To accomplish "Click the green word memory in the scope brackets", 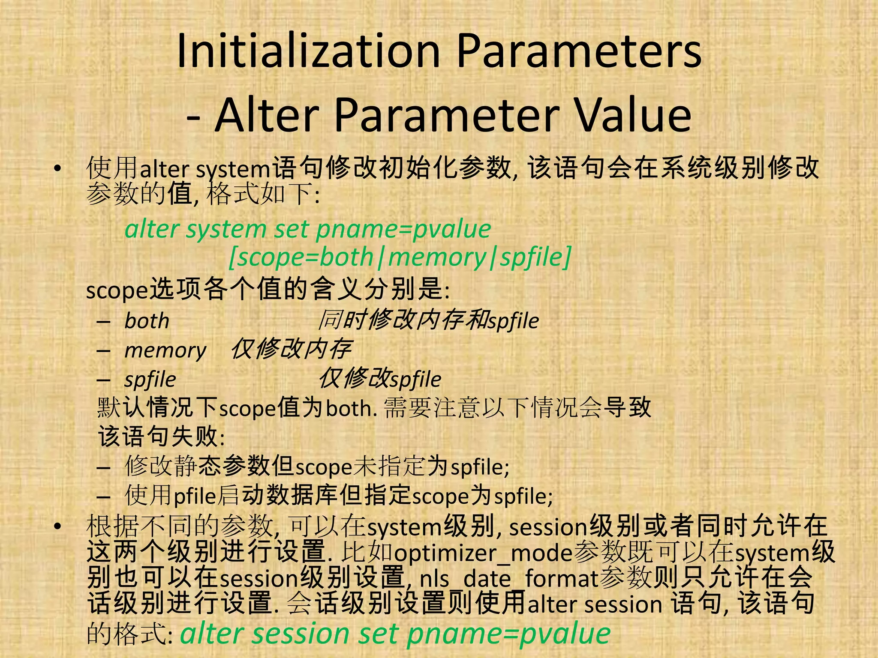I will coord(436,257).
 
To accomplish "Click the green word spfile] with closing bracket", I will coord(536,257).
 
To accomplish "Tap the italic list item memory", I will coord(165,350).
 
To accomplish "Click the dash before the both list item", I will coord(103,321).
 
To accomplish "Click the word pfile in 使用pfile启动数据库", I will coord(195,496).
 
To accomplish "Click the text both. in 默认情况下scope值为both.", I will coord(352,409).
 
